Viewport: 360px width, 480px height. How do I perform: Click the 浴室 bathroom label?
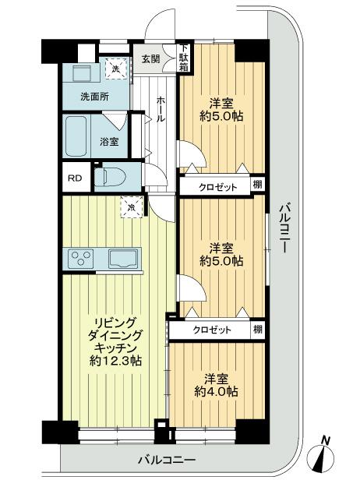point(109,142)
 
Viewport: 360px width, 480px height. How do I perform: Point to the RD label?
point(75,178)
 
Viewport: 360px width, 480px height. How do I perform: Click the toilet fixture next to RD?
point(109,177)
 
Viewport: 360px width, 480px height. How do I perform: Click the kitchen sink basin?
point(124,258)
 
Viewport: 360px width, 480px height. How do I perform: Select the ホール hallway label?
point(159,110)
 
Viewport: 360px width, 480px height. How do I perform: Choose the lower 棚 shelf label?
point(256,330)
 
